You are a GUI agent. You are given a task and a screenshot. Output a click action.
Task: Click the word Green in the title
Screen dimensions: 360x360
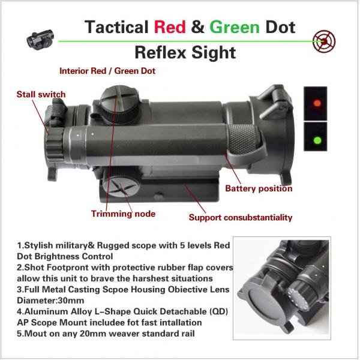(234, 27)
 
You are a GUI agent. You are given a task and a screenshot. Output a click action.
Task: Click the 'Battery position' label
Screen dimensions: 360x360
(259, 188)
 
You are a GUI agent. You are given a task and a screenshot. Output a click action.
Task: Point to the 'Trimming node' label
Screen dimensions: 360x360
(123, 214)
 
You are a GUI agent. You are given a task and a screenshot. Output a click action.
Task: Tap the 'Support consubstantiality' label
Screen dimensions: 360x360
(241, 217)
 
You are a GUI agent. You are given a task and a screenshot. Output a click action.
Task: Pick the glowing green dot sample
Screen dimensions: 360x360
(316, 141)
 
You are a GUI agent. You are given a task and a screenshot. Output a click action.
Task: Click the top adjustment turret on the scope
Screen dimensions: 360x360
(115, 99)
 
